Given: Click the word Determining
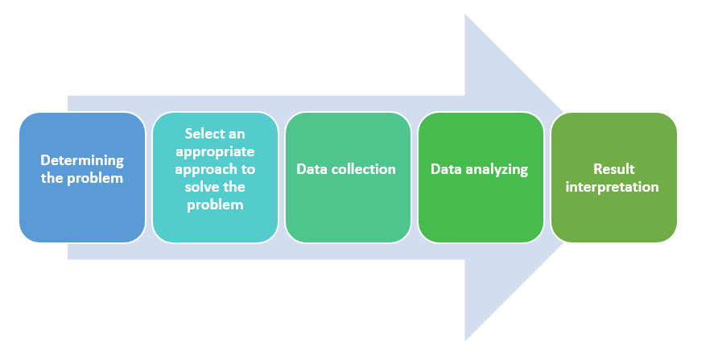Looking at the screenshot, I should (x=82, y=160).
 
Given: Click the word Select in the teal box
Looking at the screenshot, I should (x=204, y=134).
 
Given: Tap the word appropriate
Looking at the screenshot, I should (x=215, y=151).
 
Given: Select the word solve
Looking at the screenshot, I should (x=204, y=187).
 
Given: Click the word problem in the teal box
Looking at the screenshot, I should (x=215, y=205).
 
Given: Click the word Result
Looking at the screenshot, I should (x=613, y=169).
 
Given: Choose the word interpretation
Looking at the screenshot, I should (x=613, y=187).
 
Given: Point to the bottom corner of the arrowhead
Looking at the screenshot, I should (x=466, y=339).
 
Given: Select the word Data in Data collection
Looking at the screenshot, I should (x=312, y=169).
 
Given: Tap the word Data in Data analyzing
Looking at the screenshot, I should (x=446, y=169).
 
